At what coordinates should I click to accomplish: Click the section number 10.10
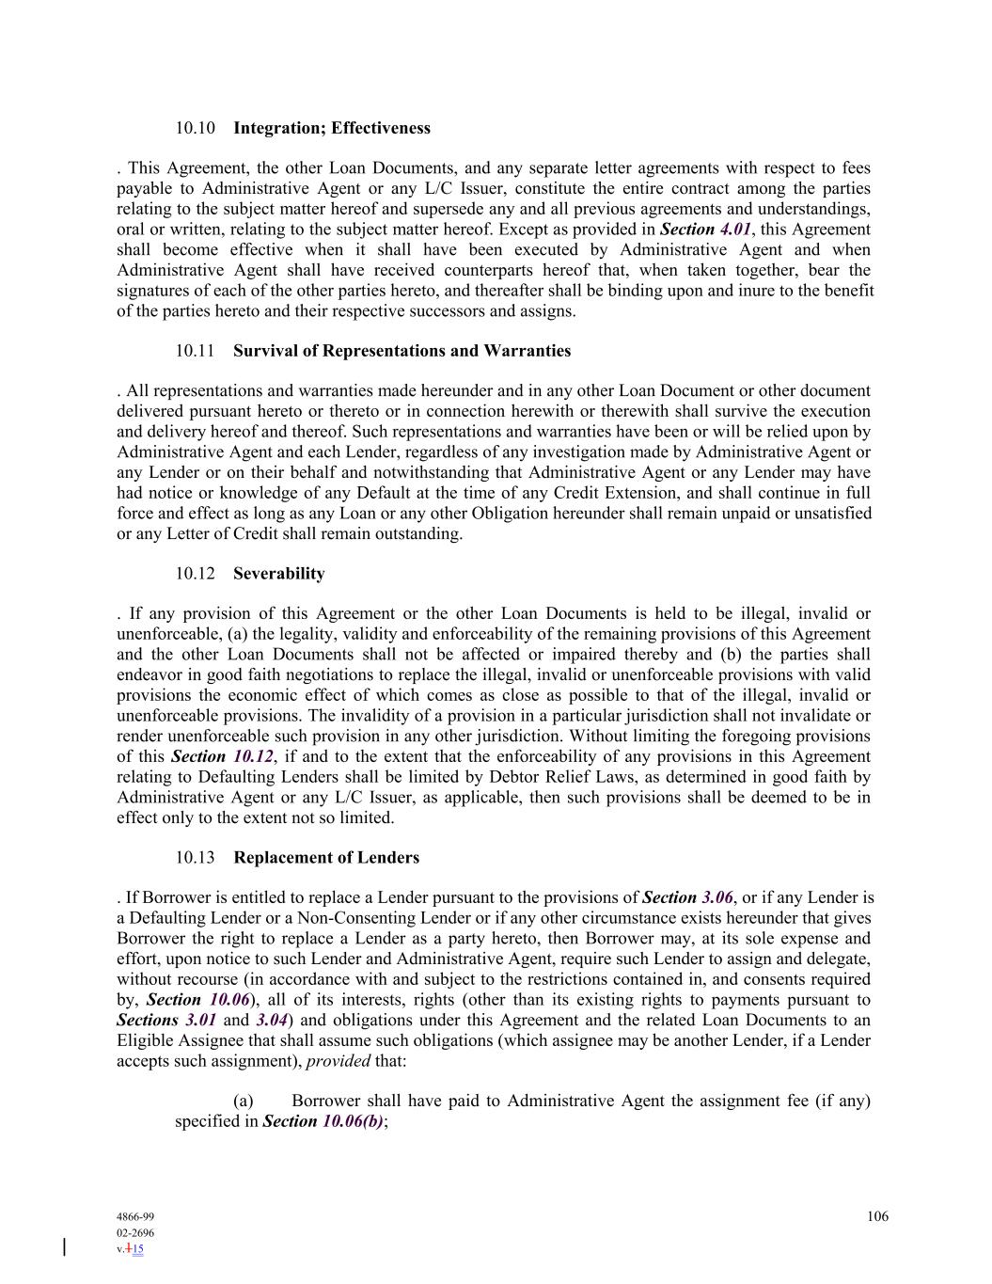point(196,128)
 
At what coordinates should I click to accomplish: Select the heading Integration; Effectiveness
point(332,128)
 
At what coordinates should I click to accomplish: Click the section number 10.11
point(196,351)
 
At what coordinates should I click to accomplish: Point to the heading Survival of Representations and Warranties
point(402,351)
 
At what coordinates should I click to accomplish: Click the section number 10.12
point(196,574)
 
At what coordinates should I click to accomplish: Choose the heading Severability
point(278,574)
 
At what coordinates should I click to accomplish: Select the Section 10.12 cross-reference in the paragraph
point(222,757)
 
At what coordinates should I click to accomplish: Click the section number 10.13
point(196,858)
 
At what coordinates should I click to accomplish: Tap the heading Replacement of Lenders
point(326,858)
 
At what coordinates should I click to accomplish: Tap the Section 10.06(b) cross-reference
point(323,1121)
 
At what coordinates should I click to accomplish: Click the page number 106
point(877,1216)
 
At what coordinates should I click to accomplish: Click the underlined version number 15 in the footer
point(138,1249)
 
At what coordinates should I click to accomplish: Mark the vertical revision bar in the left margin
point(64,1247)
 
